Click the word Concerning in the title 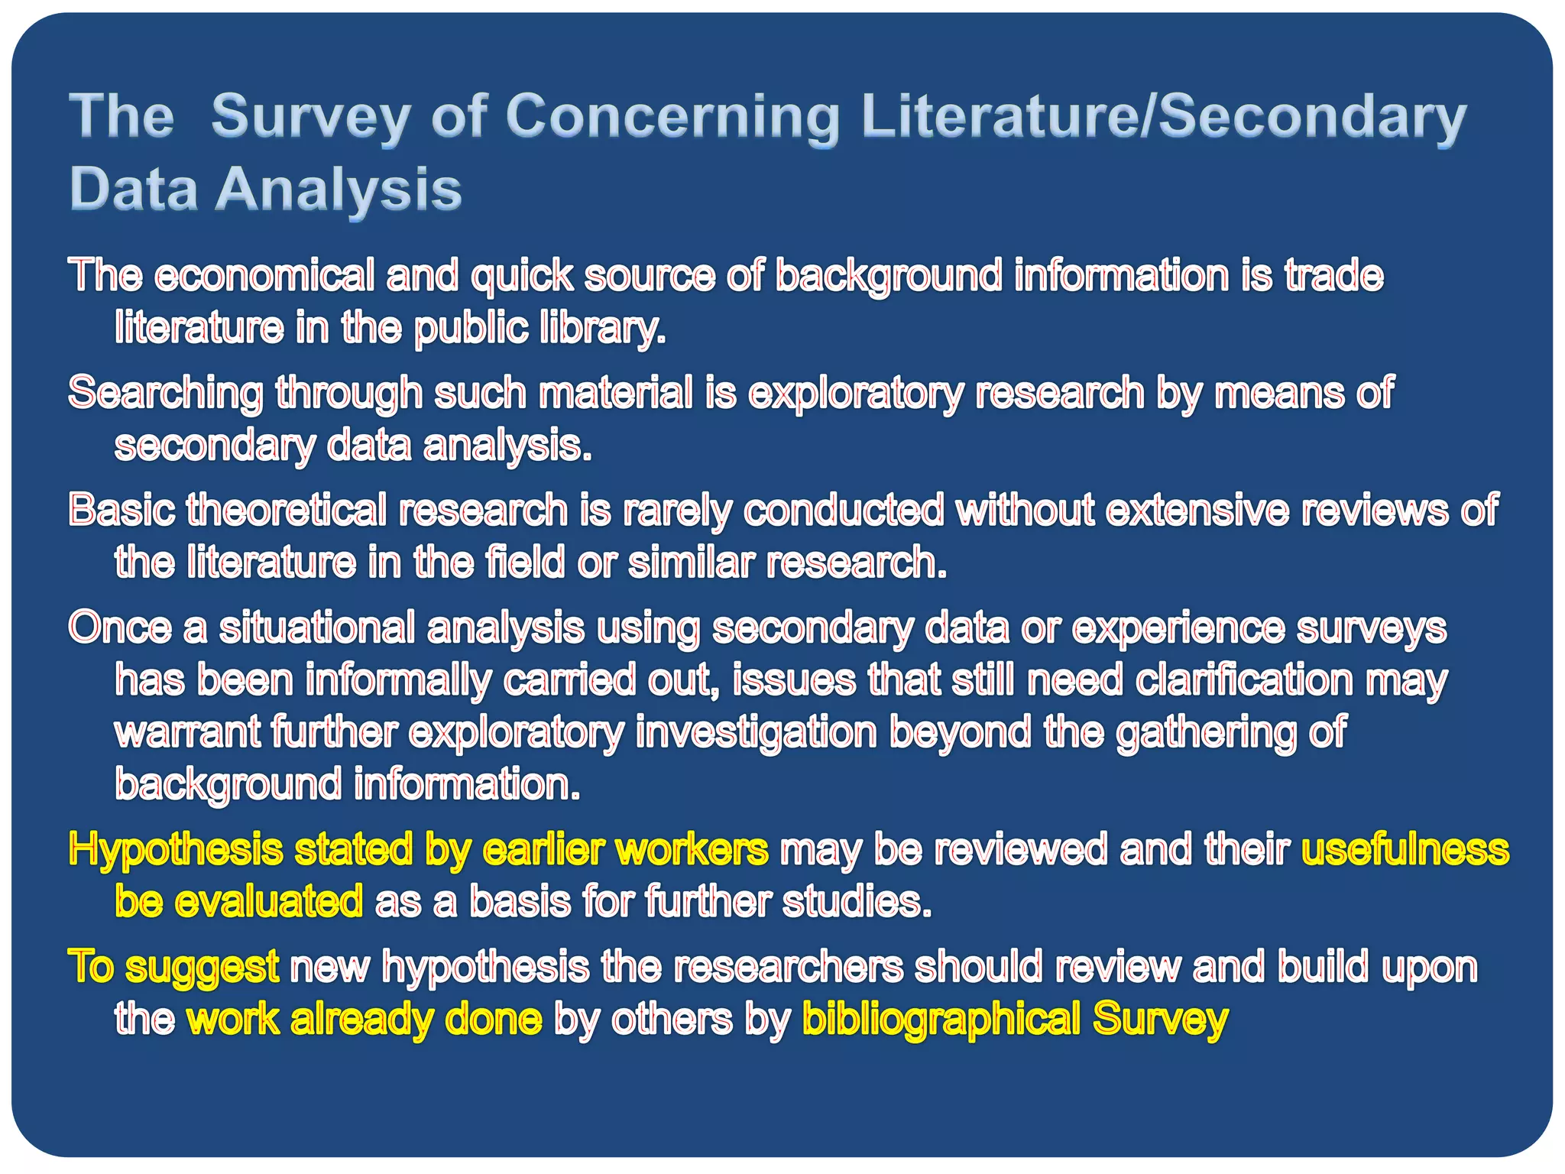[x=672, y=116]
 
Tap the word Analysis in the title [x=339, y=190]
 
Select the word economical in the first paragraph [x=264, y=275]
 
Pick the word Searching [x=166, y=393]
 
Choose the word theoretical [x=287, y=510]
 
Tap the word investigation [x=756, y=732]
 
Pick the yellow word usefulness [x=1405, y=850]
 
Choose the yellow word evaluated [x=268, y=902]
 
